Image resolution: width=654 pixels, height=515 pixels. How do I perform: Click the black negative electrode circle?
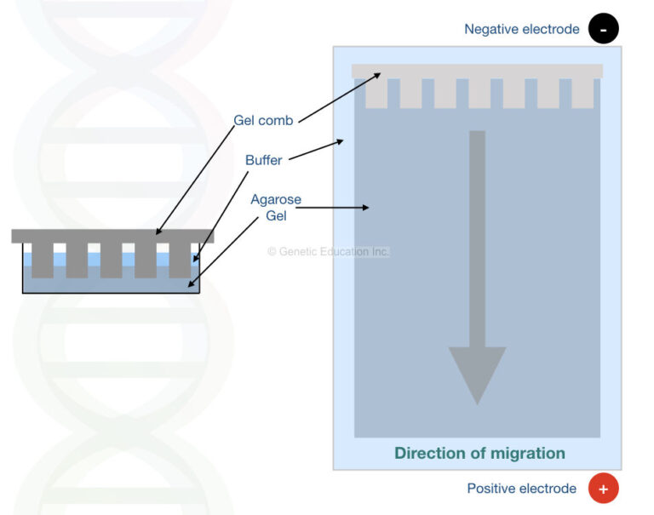(604, 29)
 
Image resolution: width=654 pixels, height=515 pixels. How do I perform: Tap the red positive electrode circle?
(604, 489)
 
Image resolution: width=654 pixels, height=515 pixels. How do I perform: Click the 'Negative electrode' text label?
(521, 29)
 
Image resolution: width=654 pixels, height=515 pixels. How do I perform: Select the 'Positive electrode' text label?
(521, 489)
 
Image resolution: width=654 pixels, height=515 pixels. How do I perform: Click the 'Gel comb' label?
(263, 121)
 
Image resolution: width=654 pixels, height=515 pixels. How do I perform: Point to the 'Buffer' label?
(263, 160)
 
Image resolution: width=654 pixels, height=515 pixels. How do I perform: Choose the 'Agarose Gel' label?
(275, 208)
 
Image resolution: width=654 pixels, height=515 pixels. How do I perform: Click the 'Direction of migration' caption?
(479, 453)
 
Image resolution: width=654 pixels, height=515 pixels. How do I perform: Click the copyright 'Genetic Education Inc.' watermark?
(328, 252)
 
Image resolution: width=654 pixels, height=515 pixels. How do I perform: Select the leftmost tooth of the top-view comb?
(376, 93)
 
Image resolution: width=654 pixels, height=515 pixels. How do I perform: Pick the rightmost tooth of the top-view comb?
(582, 93)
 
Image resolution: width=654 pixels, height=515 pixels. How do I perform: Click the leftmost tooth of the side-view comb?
(43, 260)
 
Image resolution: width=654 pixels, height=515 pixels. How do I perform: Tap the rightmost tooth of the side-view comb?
(180, 260)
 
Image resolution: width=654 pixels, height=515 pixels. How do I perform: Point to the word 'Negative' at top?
(491, 29)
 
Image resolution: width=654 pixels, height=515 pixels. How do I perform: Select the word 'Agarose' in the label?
(275, 200)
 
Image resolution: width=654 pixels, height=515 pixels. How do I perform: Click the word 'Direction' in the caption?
(428, 453)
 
